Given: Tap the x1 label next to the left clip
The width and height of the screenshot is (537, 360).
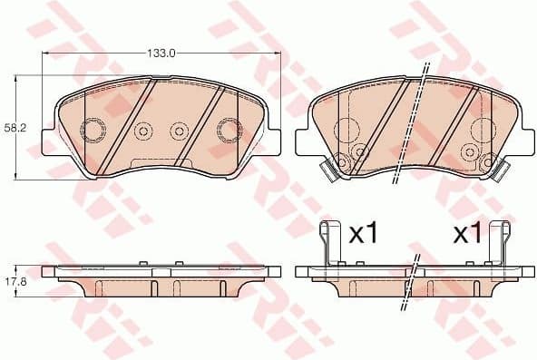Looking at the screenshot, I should point(363,234).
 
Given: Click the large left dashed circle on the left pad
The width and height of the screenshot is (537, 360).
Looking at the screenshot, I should point(94,131).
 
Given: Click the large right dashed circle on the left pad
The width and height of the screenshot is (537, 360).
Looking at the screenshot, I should point(227,131).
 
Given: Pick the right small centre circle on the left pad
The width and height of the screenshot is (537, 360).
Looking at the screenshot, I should point(179,132).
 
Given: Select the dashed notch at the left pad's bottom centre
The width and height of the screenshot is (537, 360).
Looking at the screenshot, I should point(160,164).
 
